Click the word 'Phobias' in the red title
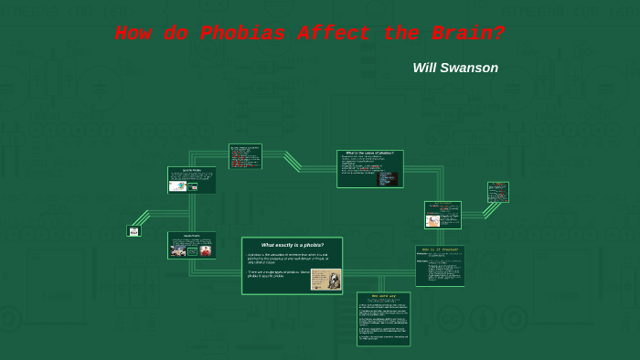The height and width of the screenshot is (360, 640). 243,35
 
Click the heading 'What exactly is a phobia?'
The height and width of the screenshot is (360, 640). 292,245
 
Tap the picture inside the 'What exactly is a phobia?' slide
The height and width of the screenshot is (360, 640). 325,279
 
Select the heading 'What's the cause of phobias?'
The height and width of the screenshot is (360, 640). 369,153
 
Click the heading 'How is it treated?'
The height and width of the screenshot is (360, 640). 440,249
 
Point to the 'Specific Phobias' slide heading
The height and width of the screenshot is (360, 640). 192,170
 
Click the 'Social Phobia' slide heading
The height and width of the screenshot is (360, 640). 192,236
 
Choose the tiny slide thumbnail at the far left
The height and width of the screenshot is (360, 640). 133,231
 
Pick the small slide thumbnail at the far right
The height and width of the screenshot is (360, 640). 497,192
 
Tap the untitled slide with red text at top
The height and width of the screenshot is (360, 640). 245,156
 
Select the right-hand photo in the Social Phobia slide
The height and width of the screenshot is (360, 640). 206,250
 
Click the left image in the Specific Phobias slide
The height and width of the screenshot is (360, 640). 177,185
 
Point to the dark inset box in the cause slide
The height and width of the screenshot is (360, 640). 388,178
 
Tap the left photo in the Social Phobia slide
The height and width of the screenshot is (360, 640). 178,250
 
